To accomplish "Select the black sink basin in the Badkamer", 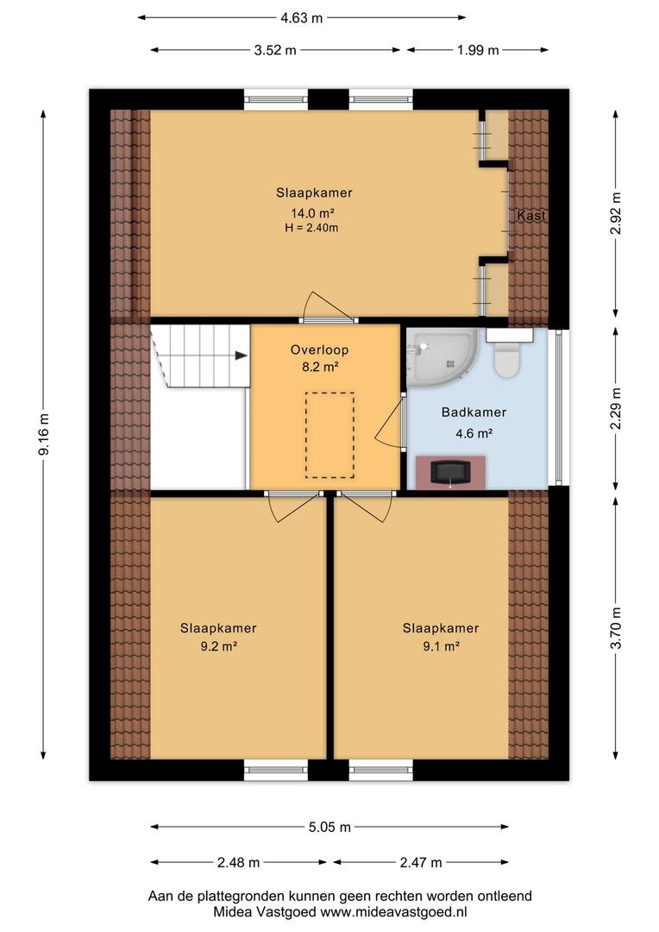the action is pyautogui.click(x=450, y=473).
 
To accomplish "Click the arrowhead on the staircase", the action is pyautogui.click(x=241, y=356).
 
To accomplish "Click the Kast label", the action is pyautogui.click(x=531, y=216).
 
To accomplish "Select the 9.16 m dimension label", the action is pyautogui.click(x=44, y=434).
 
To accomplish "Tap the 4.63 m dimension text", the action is pyautogui.click(x=302, y=18).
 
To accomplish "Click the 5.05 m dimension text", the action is pyautogui.click(x=329, y=827).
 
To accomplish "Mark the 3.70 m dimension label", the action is pyautogui.click(x=616, y=627).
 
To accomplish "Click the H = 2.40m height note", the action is pyautogui.click(x=311, y=228).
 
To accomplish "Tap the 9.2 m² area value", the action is pyautogui.click(x=219, y=646).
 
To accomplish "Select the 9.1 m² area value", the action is pyautogui.click(x=441, y=646).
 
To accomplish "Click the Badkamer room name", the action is pyautogui.click(x=474, y=412).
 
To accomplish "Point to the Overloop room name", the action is pyautogui.click(x=319, y=350).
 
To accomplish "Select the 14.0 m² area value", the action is pyautogui.click(x=312, y=213).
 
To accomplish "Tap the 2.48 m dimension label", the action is pyautogui.click(x=238, y=862).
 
